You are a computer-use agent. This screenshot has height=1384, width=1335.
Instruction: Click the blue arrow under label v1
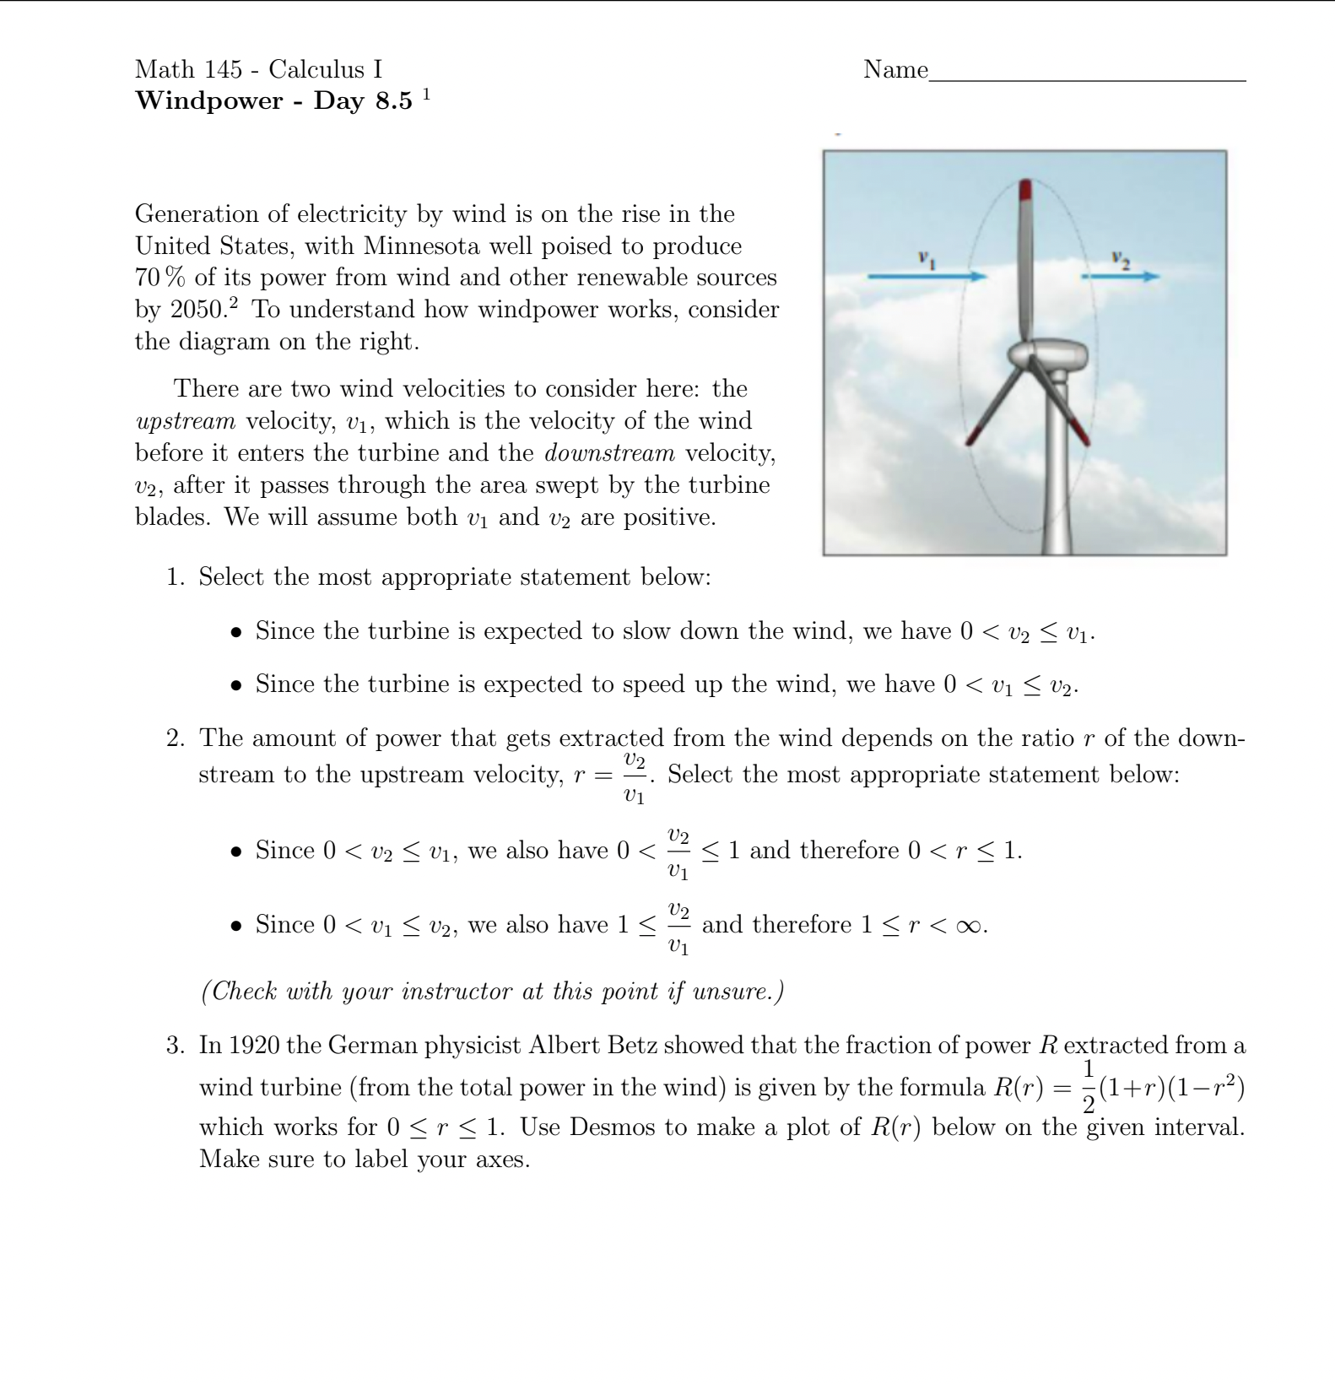[x=927, y=276]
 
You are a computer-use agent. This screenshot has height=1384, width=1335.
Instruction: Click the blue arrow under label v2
[x=1121, y=276]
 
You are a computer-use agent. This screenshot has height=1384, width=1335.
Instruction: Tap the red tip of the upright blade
[x=1025, y=190]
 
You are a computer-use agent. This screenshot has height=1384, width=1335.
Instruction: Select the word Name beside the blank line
[x=895, y=70]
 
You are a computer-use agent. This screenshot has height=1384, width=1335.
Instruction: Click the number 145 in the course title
[x=223, y=70]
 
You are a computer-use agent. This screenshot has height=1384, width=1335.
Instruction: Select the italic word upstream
[x=185, y=421]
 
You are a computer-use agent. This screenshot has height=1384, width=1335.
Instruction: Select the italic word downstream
[x=609, y=453]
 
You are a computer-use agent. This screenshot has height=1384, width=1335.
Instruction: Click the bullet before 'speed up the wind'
[x=237, y=685]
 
